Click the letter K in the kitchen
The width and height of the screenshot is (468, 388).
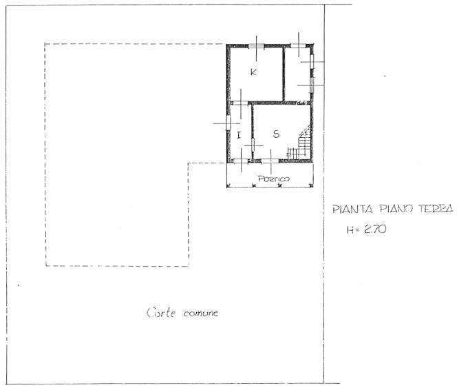(254, 72)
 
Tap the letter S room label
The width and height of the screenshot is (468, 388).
(276, 134)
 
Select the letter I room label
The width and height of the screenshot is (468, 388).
(239, 135)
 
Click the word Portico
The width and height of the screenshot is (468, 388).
(274, 178)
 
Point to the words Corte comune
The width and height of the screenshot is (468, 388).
(182, 313)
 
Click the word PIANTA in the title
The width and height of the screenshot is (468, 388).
(353, 209)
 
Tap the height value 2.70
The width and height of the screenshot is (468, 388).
(375, 229)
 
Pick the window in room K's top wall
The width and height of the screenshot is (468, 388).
(257, 46)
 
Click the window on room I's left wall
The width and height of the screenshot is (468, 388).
(228, 123)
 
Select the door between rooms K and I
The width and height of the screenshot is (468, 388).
(241, 103)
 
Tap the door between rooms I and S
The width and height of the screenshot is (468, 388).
(253, 145)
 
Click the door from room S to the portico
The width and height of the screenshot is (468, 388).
(270, 161)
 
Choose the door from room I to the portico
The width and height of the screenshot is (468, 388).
(241, 161)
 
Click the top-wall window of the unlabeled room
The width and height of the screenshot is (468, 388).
(299, 45)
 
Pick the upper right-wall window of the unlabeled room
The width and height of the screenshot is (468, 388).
(312, 61)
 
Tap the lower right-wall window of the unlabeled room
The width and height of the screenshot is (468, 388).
(312, 85)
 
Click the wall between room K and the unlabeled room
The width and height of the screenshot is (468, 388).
(284, 74)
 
